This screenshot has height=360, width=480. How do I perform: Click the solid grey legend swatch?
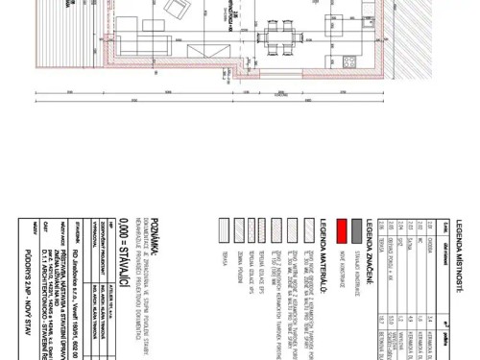[x=356, y=228]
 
